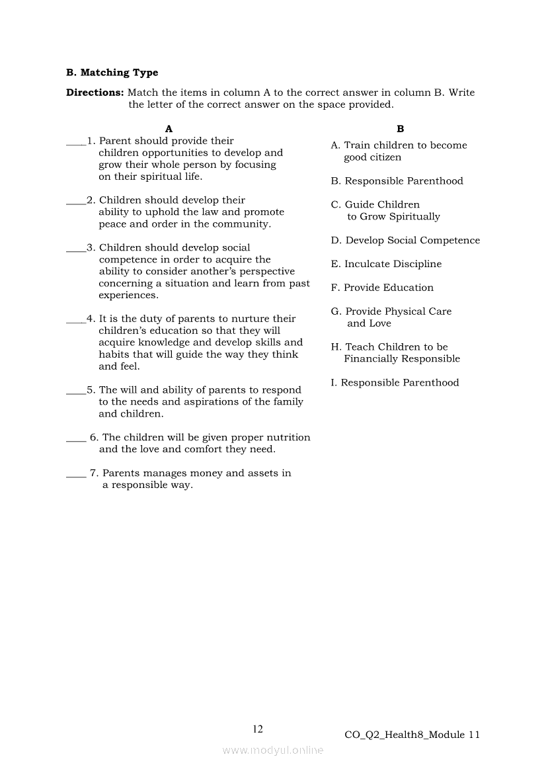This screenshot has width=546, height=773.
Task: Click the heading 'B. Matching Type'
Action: [x=112, y=73]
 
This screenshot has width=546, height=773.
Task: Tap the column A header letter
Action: [x=169, y=129]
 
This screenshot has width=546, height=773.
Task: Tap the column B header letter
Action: [x=401, y=129]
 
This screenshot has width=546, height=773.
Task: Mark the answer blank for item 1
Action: [x=75, y=142]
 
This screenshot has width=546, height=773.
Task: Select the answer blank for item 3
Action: [x=75, y=249]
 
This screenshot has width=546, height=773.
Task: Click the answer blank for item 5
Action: [x=75, y=391]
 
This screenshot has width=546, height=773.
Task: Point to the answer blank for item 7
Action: [x=75, y=475]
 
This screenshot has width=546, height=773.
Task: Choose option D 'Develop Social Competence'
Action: [x=405, y=241]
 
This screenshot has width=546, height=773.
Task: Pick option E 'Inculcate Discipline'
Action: [x=386, y=264]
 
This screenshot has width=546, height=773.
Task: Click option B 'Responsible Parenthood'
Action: [x=397, y=181]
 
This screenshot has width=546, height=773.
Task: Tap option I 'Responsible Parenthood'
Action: [x=395, y=383]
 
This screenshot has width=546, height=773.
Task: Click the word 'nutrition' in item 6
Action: [x=288, y=437]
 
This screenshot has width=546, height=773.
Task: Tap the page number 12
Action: [x=258, y=729]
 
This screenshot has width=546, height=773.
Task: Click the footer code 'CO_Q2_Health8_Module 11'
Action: [x=412, y=735]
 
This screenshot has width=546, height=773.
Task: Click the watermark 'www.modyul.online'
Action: [x=273, y=750]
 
